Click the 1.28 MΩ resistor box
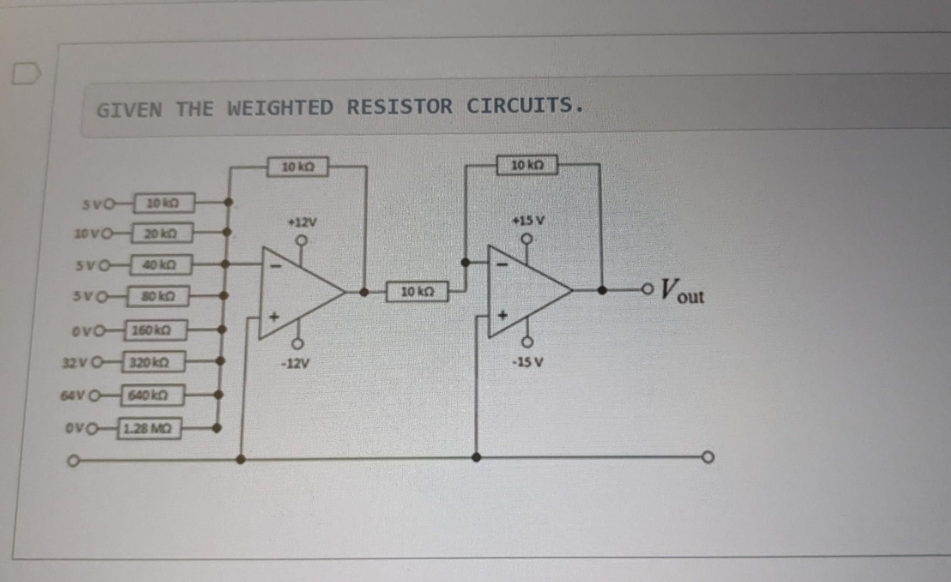coord(149,429)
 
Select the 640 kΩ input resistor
coord(153,396)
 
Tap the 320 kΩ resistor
coord(154,362)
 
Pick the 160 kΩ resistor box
coord(156,330)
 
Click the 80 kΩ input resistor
coord(158,296)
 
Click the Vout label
coord(681,291)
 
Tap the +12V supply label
coord(302,222)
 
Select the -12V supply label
coord(295,364)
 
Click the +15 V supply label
coord(528,220)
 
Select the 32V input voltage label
coord(75,363)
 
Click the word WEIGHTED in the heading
coord(280,108)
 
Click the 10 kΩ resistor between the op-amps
coord(417,292)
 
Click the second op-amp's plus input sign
coord(502,315)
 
